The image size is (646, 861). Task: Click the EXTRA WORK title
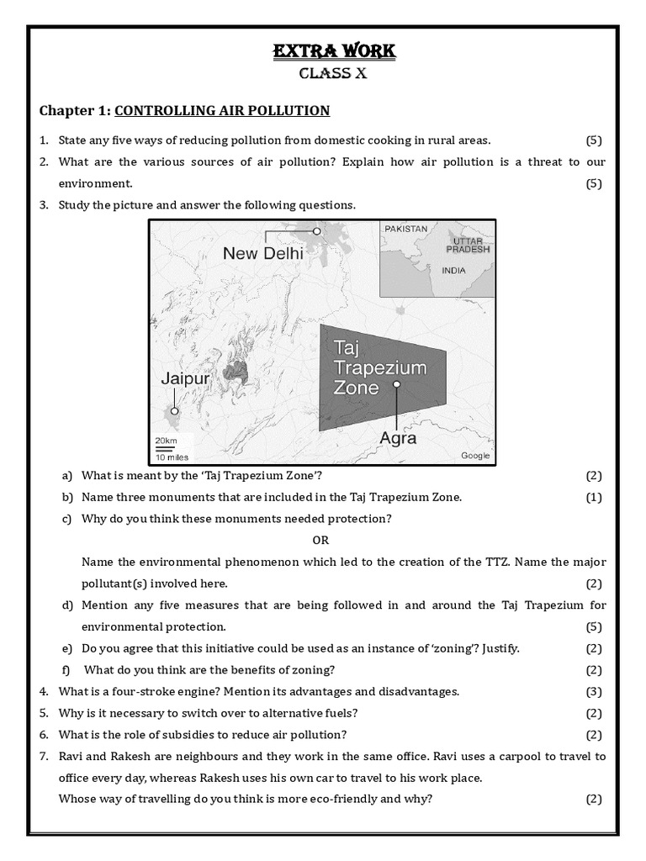coord(334,52)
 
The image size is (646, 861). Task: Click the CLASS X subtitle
coord(334,74)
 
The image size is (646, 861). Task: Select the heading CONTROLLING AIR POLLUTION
coord(222,111)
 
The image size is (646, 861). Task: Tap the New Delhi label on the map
coord(263,252)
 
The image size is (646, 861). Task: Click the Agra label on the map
coord(398,438)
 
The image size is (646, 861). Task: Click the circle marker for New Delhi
coord(317,230)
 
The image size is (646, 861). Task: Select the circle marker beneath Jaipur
coord(174,411)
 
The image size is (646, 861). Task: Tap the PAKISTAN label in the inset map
coord(406,229)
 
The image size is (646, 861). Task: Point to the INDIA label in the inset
coord(453,271)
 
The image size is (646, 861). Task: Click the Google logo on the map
coord(475,456)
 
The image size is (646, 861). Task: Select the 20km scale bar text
coord(166,441)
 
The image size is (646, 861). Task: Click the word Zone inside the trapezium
coord(357,388)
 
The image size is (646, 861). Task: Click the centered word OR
coord(320,540)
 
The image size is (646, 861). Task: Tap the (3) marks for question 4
coord(594,691)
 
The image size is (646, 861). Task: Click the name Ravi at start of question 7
coord(72,756)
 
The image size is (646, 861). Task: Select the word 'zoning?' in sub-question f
coord(312,669)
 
